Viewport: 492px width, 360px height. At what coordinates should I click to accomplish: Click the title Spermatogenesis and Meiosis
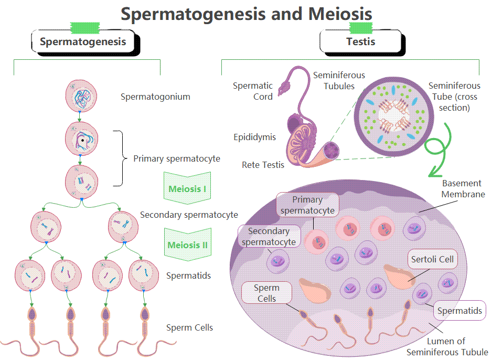click(247, 14)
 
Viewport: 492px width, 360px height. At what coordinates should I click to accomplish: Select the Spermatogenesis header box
click(83, 42)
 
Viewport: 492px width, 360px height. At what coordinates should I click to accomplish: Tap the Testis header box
click(361, 42)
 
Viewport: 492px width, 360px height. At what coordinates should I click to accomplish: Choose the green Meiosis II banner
click(187, 245)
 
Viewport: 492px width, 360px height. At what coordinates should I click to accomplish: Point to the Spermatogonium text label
click(155, 97)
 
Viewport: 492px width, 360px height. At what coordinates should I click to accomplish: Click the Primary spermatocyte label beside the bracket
click(177, 158)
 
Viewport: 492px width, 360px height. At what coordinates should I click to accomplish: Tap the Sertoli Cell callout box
click(432, 259)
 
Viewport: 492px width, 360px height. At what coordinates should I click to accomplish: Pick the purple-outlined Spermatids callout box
click(459, 311)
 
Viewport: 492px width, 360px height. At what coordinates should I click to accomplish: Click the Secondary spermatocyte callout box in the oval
click(269, 237)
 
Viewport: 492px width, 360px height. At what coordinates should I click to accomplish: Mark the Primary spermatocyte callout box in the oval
click(308, 205)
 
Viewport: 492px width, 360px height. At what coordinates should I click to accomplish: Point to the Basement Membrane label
click(462, 189)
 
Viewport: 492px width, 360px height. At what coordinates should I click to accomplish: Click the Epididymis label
click(255, 137)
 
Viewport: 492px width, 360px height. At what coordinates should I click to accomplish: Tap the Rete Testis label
click(263, 165)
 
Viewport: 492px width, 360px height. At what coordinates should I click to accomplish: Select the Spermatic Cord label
click(253, 91)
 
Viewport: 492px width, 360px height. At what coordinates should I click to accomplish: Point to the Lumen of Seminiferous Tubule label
click(447, 347)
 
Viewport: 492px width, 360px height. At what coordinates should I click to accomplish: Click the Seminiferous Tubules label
click(339, 81)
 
